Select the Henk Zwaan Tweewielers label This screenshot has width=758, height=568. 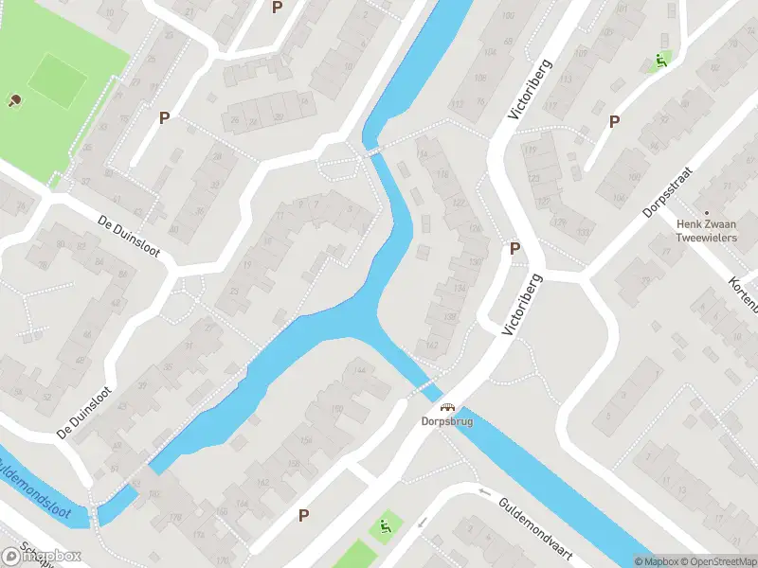[x=706, y=231]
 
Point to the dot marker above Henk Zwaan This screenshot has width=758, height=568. [x=706, y=212]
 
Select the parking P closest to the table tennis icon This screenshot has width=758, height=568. [x=164, y=118]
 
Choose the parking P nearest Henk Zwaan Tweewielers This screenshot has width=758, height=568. [x=614, y=121]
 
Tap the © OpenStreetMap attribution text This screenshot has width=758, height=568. [x=720, y=561]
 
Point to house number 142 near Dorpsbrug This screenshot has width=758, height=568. [x=432, y=344]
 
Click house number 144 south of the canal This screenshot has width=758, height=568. [x=359, y=371]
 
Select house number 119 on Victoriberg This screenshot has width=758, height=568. [x=530, y=151]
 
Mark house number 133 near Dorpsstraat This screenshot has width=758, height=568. [x=583, y=233]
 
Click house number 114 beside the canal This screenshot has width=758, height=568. [x=422, y=154]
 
